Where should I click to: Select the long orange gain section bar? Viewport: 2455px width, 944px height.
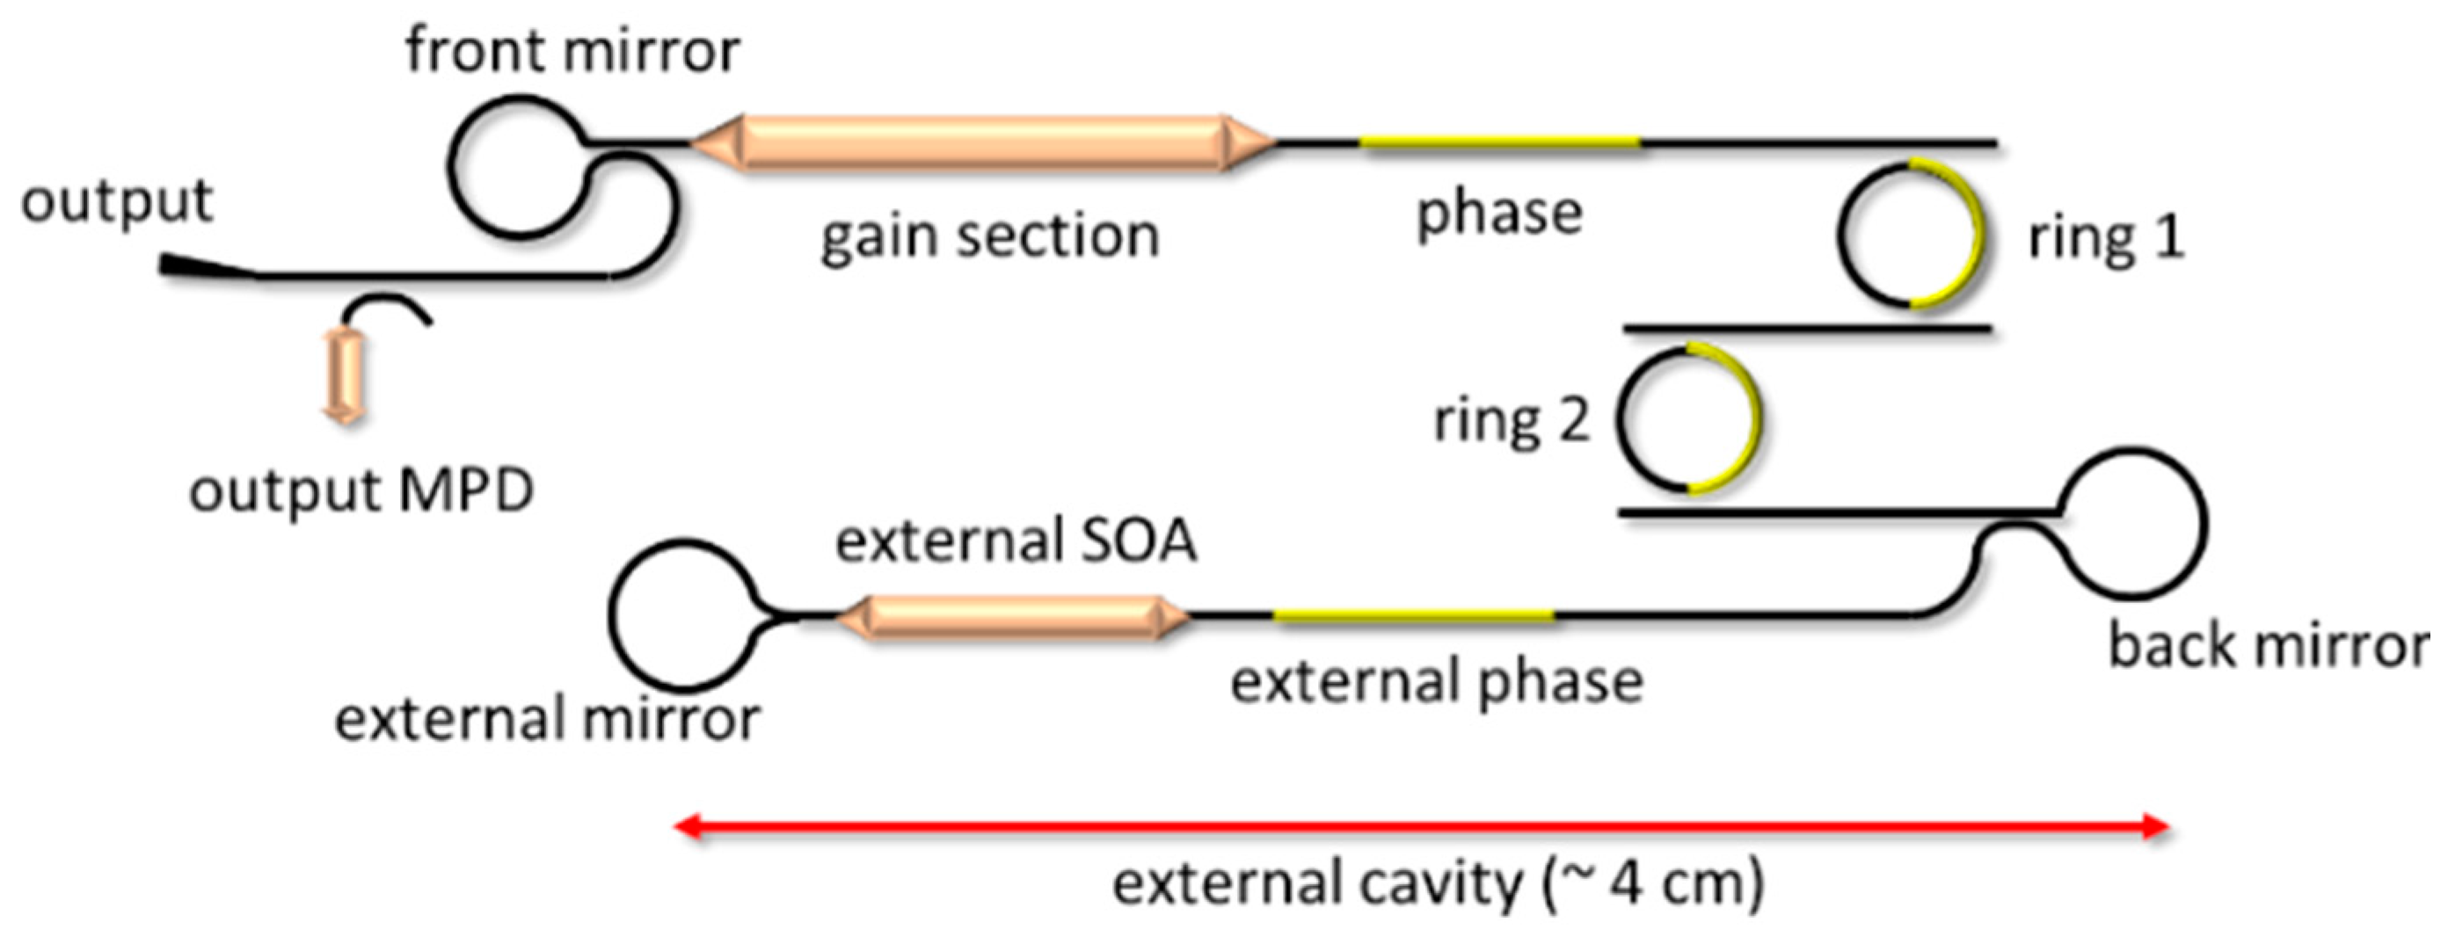pos(981,144)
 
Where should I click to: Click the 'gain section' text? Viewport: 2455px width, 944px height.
pos(989,236)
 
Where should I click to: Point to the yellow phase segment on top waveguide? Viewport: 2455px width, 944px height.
pos(1498,143)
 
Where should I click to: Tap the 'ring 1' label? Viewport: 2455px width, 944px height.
pos(2105,237)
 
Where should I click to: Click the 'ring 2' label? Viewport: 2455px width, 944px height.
pos(1512,420)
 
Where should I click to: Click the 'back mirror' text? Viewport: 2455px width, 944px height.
pos(2267,646)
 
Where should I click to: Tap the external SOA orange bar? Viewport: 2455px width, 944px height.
pos(1012,616)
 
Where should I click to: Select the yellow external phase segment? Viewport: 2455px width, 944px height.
pos(1413,616)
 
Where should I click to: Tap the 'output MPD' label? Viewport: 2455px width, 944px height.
pos(361,491)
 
